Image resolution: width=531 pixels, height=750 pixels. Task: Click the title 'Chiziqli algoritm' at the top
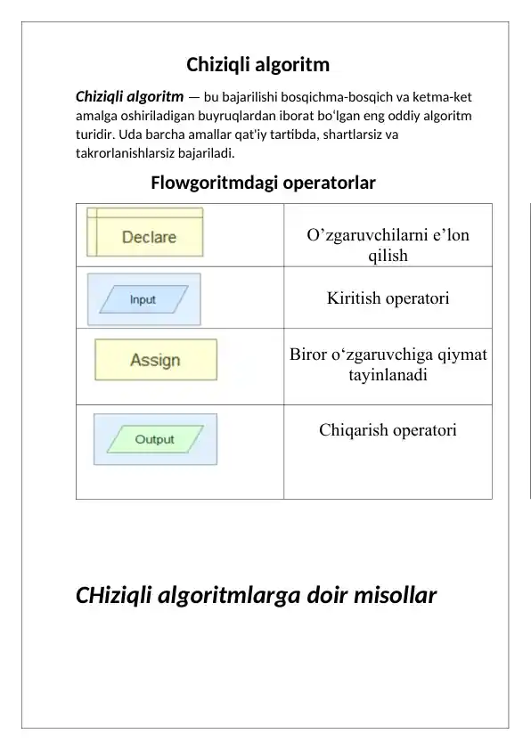point(257,65)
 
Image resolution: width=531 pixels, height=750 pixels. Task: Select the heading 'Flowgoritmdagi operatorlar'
point(263,183)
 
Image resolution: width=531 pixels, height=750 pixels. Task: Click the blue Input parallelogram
point(143,299)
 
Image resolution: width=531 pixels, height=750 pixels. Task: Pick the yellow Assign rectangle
point(155,360)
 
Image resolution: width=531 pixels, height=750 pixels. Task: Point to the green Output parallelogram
point(155,439)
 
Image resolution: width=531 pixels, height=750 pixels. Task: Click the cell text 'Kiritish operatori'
point(388,298)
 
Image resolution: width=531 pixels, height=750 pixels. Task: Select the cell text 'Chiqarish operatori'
point(388,431)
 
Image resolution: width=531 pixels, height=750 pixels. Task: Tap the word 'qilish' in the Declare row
point(388,256)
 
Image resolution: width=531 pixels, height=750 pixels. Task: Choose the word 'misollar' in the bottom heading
point(393,595)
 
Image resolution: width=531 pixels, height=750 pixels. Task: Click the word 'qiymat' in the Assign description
point(459,356)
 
